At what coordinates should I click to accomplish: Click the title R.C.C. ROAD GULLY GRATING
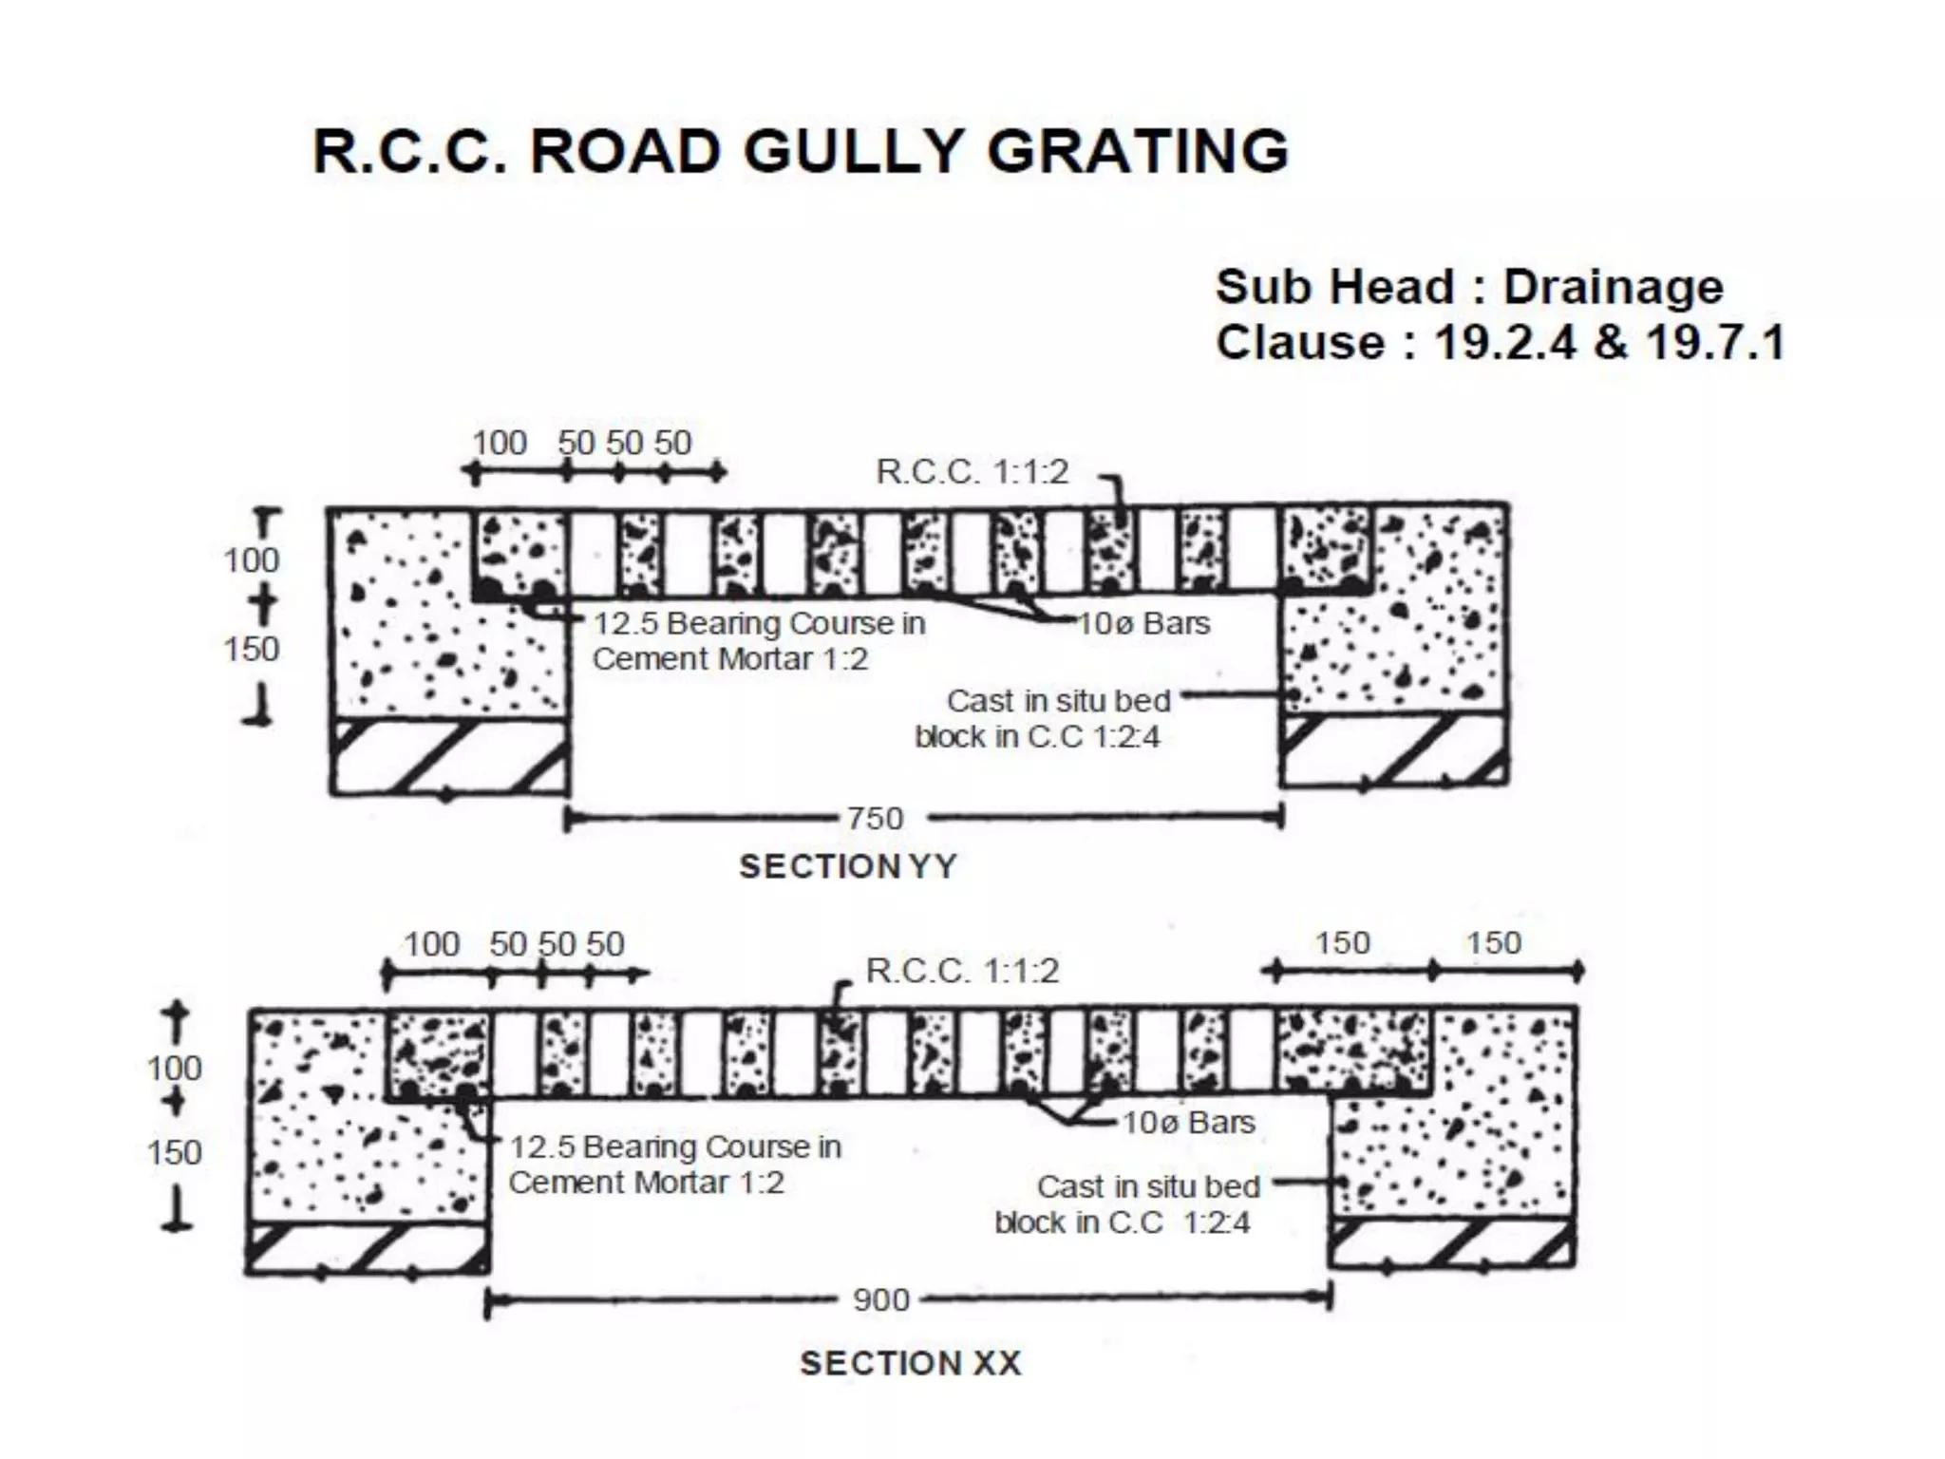tap(801, 152)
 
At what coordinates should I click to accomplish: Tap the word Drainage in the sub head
tap(1613, 288)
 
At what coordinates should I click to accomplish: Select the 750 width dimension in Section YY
tap(875, 818)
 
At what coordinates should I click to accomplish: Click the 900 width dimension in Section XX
tap(880, 1299)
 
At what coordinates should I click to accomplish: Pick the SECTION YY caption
tap(848, 866)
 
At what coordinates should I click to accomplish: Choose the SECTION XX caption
tap(910, 1363)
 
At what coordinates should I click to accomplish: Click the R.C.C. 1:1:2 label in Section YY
tap(972, 472)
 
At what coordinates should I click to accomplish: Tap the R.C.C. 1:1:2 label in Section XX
tap(962, 971)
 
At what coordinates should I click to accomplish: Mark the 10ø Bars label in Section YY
tap(1144, 624)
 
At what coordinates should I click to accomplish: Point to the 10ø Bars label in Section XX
tap(1188, 1123)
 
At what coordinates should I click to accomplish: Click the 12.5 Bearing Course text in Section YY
tap(759, 624)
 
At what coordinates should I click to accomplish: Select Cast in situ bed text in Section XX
tap(1148, 1186)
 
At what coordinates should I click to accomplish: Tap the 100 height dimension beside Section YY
tap(251, 560)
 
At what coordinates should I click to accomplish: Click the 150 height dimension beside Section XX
tap(174, 1152)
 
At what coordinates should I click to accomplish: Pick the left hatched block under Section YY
tap(448, 756)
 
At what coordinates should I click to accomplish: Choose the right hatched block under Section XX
tap(1451, 1242)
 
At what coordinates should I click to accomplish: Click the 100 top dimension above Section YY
tap(500, 443)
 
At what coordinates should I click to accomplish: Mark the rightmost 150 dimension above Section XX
tap(1494, 943)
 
